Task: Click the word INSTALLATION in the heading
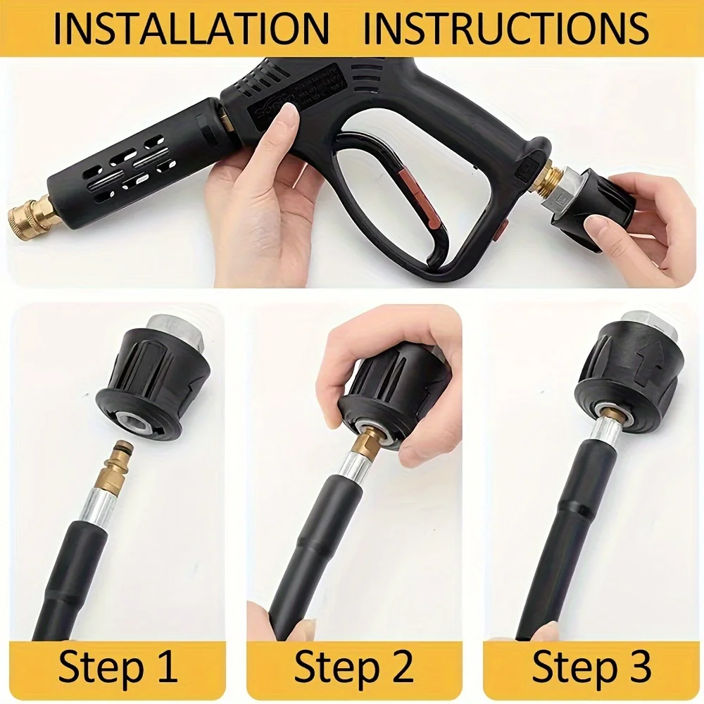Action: click(191, 28)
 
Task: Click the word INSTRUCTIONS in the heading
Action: click(506, 28)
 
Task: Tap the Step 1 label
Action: click(118, 667)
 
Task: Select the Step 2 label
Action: click(353, 667)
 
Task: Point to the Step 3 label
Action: click(591, 667)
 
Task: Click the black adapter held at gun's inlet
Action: click(595, 211)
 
